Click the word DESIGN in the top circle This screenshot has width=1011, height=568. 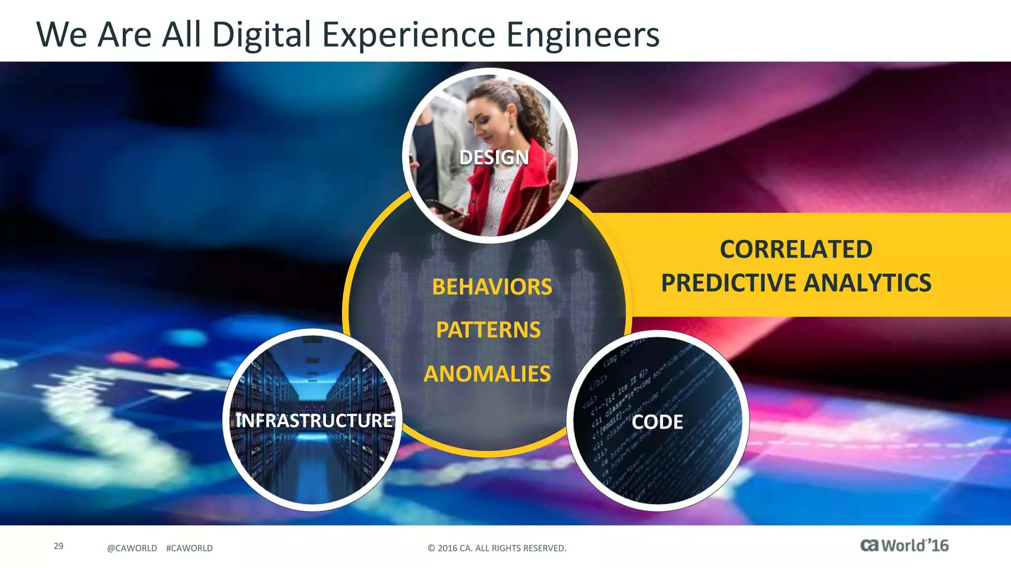point(494,158)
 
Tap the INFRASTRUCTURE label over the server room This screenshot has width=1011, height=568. point(314,421)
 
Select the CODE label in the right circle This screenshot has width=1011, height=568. point(657,422)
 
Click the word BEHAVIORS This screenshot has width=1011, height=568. point(492,287)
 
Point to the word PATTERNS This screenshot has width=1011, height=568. point(488,330)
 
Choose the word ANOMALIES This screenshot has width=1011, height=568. point(487,374)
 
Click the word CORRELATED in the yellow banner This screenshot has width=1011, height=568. point(796,249)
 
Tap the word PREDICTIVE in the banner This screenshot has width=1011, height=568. point(729,283)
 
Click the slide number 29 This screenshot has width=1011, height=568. point(58,546)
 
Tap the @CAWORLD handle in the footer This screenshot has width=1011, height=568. point(132,548)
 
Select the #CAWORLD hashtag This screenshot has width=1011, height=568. point(190,548)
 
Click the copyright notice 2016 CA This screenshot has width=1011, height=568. point(497,548)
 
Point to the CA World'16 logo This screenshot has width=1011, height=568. point(904,546)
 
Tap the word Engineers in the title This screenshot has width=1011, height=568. point(583,35)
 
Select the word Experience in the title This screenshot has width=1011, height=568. point(409,35)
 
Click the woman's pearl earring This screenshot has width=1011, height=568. point(512,132)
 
